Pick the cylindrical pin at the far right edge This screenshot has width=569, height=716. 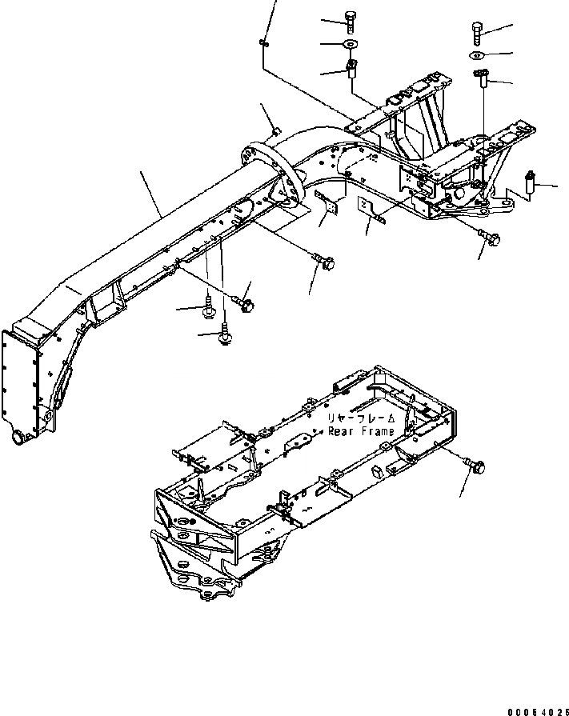(529, 185)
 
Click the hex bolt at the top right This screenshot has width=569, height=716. (476, 32)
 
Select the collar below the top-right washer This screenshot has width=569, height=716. (482, 78)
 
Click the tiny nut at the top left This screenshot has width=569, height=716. (263, 42)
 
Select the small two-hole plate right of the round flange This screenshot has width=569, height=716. (328, 206)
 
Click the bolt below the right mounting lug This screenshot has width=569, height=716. (493, 237)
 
